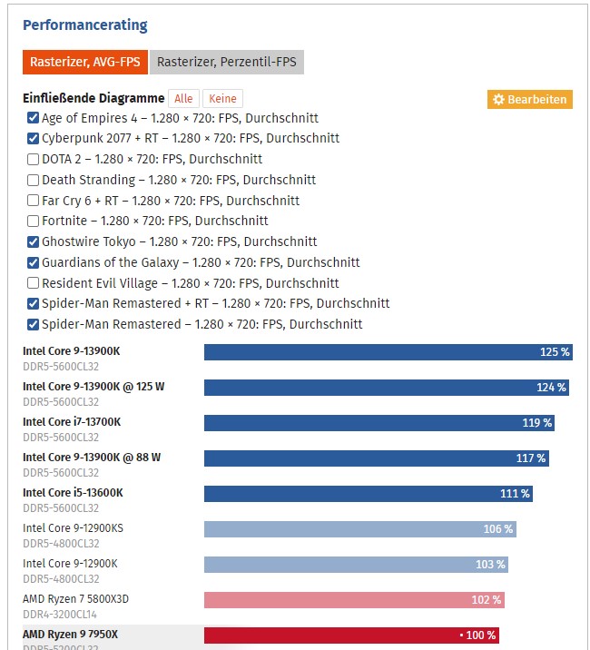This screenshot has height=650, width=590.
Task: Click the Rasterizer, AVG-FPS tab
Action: pyautogui.click(x=84, y=63)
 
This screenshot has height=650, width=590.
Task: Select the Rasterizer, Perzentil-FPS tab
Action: pyautogui.click(x=226, y=63)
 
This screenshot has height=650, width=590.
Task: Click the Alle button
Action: pyautogui.click(x=184, y=99)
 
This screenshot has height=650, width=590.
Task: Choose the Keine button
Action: pyautogui.click(x=222, y=99)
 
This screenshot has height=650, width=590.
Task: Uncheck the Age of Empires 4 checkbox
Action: pyautogui.click(x=34, y=118)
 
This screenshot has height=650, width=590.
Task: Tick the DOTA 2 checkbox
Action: pyautogui.click(x=34, y=159)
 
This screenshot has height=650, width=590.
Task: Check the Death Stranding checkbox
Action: pyautogui.click(x=34, y=180)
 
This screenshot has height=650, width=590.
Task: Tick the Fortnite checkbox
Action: pyautogui.click(x=34, y=221)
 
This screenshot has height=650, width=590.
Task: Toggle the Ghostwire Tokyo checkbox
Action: pyautogui.click(x=34, y=241)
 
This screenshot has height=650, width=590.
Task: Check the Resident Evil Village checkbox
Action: pyautogui.click(x=34, y=283)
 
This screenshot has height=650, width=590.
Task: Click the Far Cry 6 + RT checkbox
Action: pyautogui.click(x=34, y=201)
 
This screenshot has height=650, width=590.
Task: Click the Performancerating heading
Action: pyautogui.click(x=84, y=25)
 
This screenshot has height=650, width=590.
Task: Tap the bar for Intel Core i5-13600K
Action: pyautogui.click(x=368, y=494)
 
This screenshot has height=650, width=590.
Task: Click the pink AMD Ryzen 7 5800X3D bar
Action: pyautogui.click(x=354, y=600)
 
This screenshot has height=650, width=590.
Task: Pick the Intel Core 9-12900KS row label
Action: pyautogui.click(x=73, y=528)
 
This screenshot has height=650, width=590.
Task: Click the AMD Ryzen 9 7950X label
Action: pyautogui.click(x=70, y=634)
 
